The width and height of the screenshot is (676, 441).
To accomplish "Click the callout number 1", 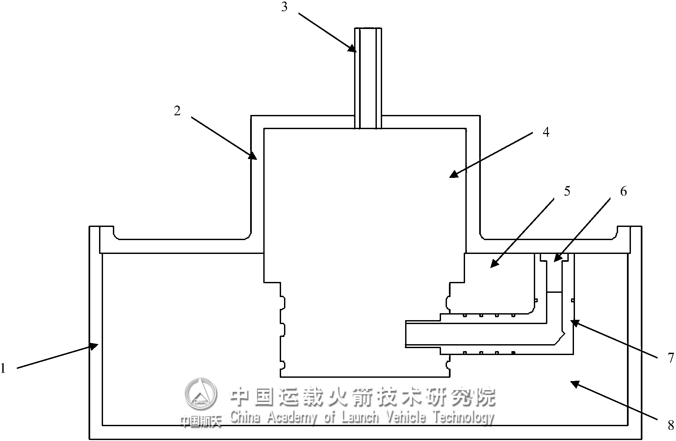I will pos(3,368).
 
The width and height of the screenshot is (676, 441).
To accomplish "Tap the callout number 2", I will pos(177,111).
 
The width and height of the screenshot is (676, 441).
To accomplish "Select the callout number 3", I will pos(284,7).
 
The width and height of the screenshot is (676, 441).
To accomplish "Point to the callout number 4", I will pos(546,132).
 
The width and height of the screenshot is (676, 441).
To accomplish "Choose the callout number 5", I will pos(567,191).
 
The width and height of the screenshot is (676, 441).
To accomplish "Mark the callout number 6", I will pos(623,191).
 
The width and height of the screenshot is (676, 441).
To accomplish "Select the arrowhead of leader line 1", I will pos(94,345).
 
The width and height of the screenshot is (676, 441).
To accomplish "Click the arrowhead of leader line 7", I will pos(575,323).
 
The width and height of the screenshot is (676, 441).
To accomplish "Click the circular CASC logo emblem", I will pos(201,394).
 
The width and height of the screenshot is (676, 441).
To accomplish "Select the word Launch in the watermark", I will pos(360,418).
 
